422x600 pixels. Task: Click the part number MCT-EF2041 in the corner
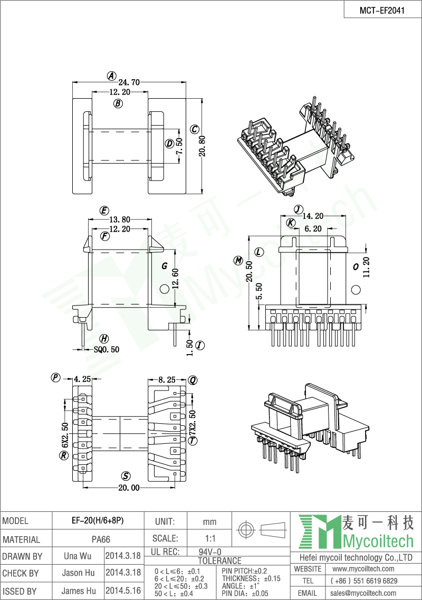tap(382, 11)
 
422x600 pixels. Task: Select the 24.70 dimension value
tap(129, 82)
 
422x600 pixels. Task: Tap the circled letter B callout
tap(118, 103)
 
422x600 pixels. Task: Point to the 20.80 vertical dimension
tap(203, 146)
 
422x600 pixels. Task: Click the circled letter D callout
tap(169, 144)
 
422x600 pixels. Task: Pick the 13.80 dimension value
tap(120, 220)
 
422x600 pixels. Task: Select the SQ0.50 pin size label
tap(107, 349)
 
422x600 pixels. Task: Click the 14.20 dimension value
tap(313, 216)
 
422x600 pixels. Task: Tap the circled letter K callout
tap(291, 223)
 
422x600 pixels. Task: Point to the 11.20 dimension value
tap(366, 267)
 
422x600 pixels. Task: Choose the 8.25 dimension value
tap(167, 380)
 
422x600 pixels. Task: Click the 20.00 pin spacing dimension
tap(129, 488)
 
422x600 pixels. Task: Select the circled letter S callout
tap(126, 476)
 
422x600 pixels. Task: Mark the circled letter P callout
tap(55, 378)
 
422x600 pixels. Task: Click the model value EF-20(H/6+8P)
tap(98, 521)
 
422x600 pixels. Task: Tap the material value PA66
tap(101, 539)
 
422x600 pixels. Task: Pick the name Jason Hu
tap(78, 573)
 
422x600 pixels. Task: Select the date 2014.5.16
tap(123, 591)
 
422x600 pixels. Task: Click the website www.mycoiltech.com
tap(363, 569)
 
